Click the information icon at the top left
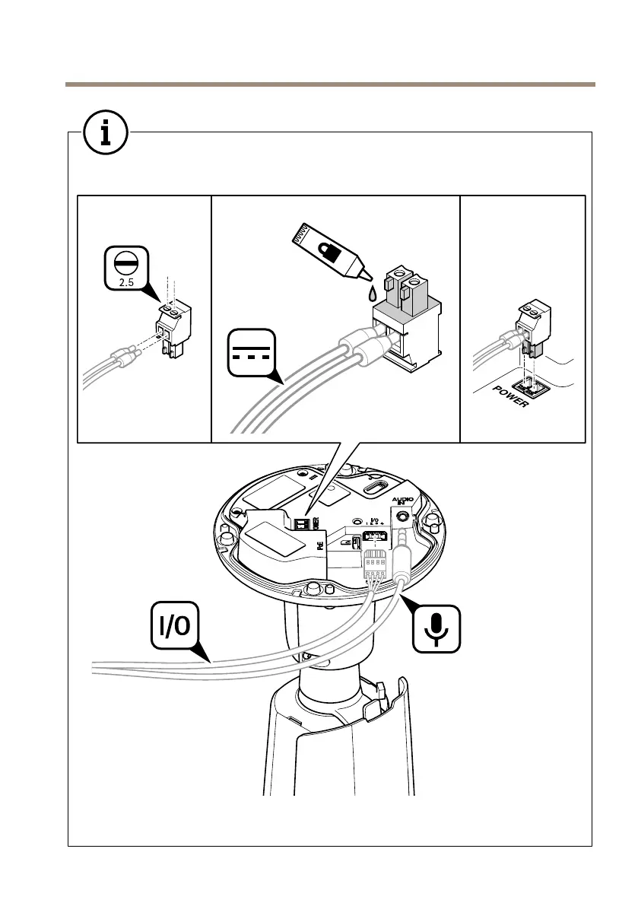coord(105,132)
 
